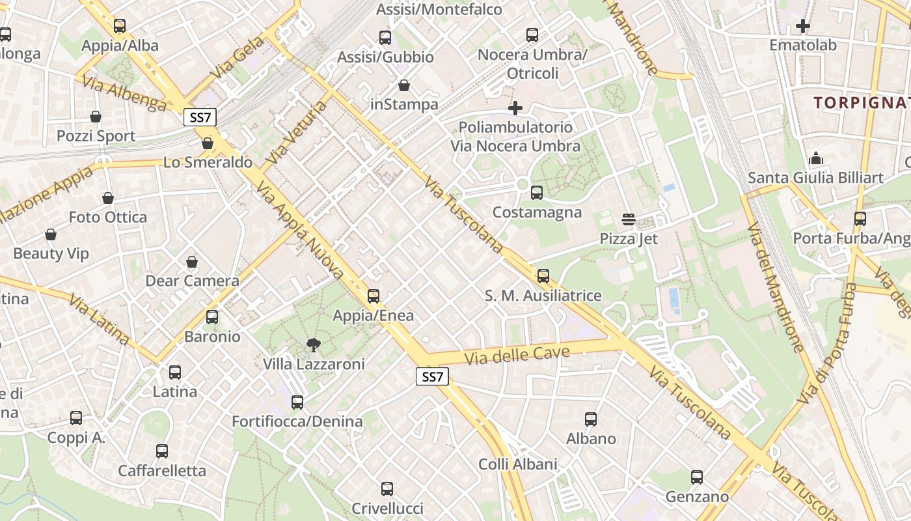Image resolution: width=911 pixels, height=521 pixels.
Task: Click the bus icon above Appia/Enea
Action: [x=374, y=296]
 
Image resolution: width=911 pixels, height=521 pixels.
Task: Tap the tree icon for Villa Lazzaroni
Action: [x=314, y=345]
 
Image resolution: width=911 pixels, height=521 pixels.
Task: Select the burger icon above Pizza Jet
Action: [x=629, y=219]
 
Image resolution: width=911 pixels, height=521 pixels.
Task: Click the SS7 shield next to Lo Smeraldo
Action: [x=199, y=117]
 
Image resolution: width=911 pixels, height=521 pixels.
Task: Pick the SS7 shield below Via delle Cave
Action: [x=432, y=376]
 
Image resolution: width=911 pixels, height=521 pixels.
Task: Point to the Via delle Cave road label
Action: [x=517, y=356]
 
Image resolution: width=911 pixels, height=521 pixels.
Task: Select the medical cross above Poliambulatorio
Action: [x=515, y=107]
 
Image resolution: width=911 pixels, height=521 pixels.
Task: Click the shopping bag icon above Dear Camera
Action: [x=192, y=262]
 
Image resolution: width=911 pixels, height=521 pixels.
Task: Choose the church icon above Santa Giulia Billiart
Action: [x=815, y=158]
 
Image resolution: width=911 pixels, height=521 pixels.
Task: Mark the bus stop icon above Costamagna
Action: [x=537, y=193]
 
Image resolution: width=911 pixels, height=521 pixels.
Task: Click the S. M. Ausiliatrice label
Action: [x=543, y=296]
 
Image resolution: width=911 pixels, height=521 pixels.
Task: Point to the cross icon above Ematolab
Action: [x=803, y=27]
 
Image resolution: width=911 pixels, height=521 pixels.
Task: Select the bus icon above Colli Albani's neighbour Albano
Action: [x=591, y=419]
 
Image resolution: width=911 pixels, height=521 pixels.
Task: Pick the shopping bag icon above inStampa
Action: [x=404, y=85]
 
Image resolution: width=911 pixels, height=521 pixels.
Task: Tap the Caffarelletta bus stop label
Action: [x=162, y=470]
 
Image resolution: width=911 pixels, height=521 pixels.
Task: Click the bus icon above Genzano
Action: [x=697, y=477]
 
